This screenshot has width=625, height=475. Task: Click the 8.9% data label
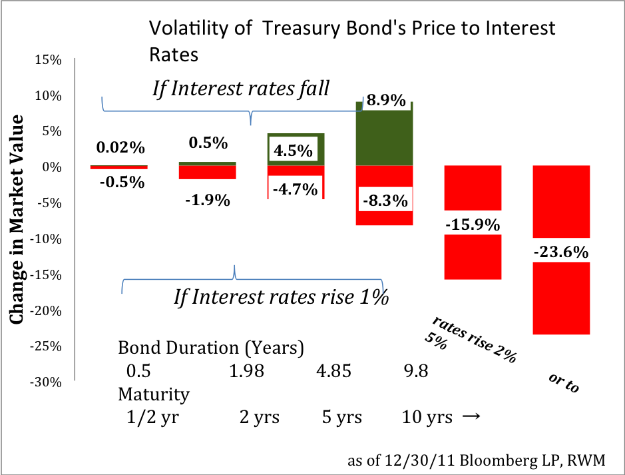coord(386,100)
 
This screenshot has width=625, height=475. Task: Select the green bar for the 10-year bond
coord(384,134)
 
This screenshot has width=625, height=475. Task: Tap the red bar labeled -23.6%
coord(561,250)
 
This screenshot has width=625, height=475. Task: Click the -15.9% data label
coord(473,225)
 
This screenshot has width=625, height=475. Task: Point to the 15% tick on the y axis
coord(48,60)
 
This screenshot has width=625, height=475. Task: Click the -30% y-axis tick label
coord(46,382)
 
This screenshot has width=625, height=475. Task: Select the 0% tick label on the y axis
coord(52,167)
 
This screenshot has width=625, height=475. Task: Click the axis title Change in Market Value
coord(17,219)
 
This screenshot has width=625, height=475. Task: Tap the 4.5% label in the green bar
coord(294,151)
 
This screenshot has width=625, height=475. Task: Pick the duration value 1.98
coord(246,371)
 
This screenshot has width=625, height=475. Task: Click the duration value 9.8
coord(416,371)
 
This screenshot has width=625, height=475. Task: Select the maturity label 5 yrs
coord(342,417)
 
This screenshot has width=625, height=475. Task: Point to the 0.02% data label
coord(120,148)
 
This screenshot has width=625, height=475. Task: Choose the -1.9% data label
coord(208,200)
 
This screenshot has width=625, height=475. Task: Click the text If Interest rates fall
coord(241,88)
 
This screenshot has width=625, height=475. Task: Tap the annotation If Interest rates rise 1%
coord(282,296)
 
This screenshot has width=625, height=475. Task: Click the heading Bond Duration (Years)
coord(211,348)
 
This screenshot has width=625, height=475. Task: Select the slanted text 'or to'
coord(564,383)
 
